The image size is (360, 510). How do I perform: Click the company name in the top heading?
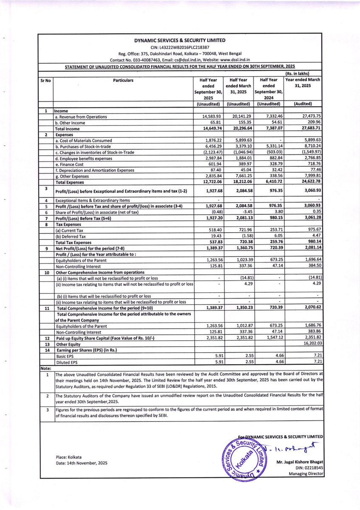pos(181,40)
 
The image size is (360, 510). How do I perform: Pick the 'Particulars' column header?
pos(123,80)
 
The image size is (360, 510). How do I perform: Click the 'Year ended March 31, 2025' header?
pos(303,83)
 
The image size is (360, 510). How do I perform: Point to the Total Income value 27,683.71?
pos(309,128)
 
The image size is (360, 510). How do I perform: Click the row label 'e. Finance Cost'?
pos(69,164)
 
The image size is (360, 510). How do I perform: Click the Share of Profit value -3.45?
pos(244,212)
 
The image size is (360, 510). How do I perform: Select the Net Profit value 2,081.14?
pos(310,248)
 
